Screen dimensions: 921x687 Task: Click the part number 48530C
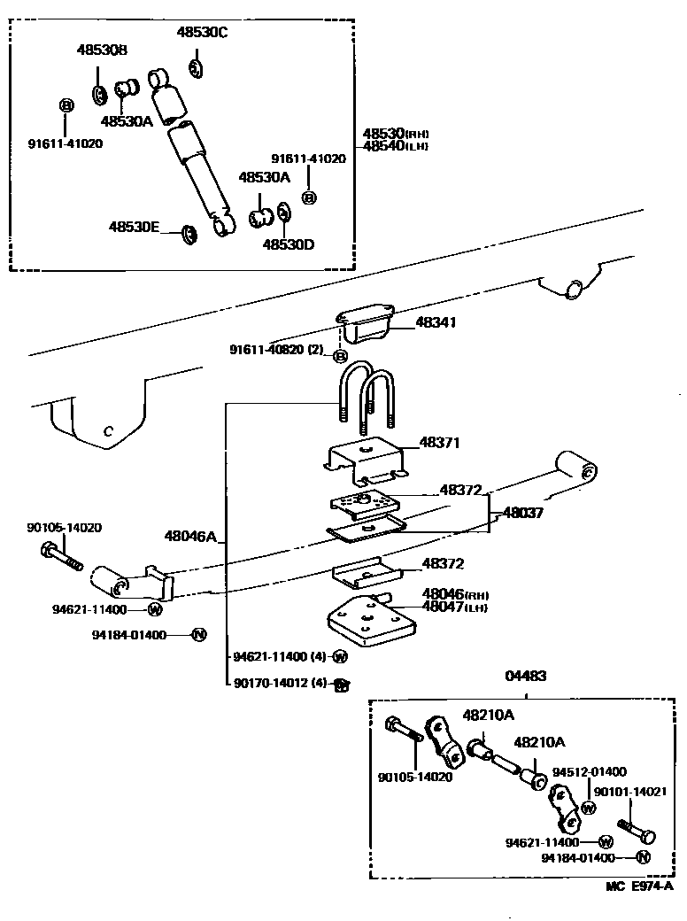pyautogui.click(x=202, y=33)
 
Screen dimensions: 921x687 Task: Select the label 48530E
pyautogui.click(x=134, y=227)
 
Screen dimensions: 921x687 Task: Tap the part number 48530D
pyautogui.click(x=288, y=243)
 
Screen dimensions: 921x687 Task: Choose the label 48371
pyautogui.click(x=442, y=442)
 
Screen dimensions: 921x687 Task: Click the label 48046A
pyautogui.click(x=189, y=536)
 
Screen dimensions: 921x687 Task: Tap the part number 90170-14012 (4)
pyautogui.click(x=281, y=684)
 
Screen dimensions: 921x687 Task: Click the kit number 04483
pyautogui.click(x=525, y=676)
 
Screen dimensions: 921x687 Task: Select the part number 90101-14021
pyautogui.click(x=629, y=793)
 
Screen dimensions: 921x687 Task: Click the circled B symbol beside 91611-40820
pyautogui.click(x=339, y=356)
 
